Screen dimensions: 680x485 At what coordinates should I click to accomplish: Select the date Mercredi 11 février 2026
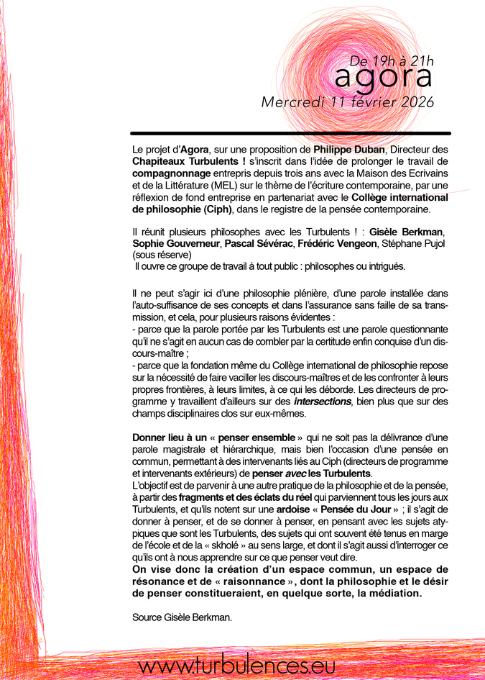(x=348, y=102)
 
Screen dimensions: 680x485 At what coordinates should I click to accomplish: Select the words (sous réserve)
(x=162, y=254)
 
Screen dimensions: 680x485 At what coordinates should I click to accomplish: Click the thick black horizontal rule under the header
(x=291, y=133)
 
